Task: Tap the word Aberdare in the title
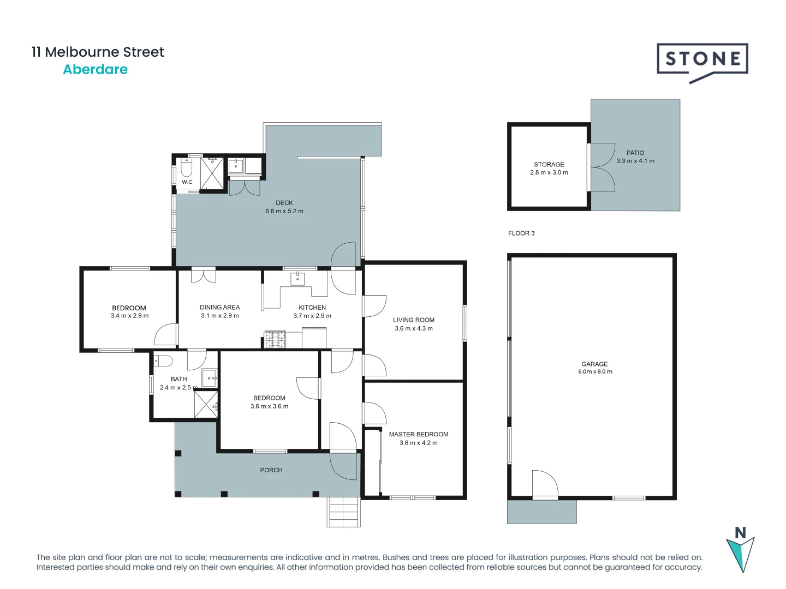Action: [x=95, y=70]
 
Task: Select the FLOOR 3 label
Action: [x=521, y=233]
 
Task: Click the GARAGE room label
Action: [x=594, y=364]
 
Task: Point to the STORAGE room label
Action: [x=549, y=164]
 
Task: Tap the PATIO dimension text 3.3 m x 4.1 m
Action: [x=635, y=161]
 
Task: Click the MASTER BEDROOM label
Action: [x=418, y=435]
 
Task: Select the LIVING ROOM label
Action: [x=413, y=320]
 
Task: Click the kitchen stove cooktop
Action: [x=275, y=339]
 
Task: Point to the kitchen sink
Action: [x=297, y=279]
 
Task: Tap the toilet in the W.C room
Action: [x=187, y=166]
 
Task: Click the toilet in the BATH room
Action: [x=163, y=360]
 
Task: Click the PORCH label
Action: [x=271, y=470]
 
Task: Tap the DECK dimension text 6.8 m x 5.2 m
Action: [x=284, y=212]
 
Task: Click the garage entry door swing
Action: [x=544, y=484]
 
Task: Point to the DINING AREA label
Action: [x=219, y=308]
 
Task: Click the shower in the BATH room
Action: [x=206, y=405]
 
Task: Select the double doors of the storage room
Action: [x=602, y=167]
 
